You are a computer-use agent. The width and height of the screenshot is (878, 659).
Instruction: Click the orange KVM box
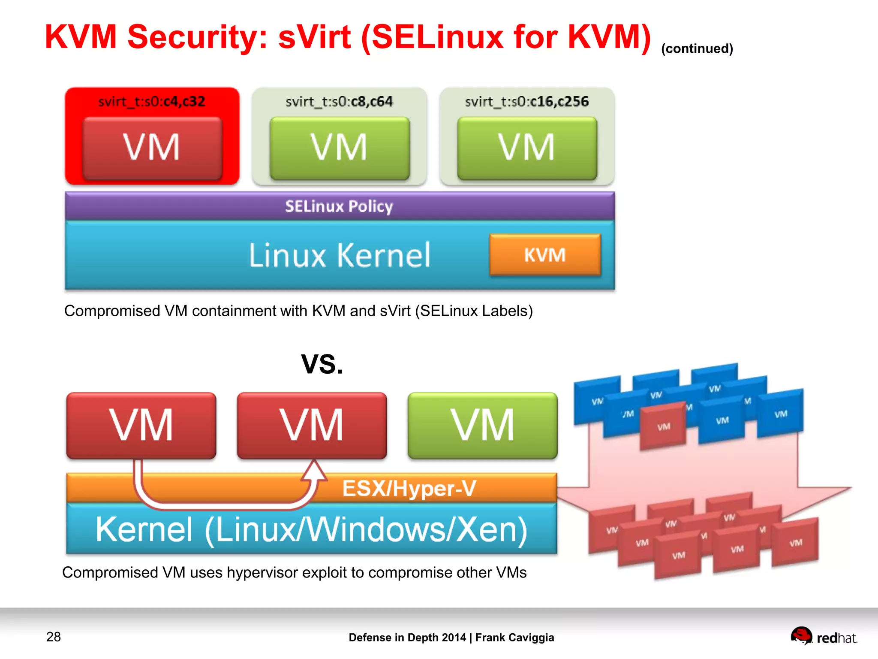pos(545,254)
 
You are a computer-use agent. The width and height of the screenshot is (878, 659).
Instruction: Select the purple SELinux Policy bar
pos(339,206)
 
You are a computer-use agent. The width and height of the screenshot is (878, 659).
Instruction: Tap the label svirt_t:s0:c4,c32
pos(152,102)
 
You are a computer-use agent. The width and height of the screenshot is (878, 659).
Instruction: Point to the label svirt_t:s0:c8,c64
pos(339,102)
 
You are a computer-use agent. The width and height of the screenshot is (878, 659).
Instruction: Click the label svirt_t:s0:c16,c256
pos(526,102)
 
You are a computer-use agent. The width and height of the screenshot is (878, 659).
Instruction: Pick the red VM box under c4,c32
pos(152,148)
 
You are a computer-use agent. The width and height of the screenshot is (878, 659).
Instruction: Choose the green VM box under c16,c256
pos(527,148)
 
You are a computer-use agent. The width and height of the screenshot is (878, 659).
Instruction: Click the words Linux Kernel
pos(339,255)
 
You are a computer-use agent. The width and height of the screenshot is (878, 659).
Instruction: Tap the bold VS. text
pos(322,364)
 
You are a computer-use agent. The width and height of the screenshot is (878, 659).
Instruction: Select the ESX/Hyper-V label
pos(409,488)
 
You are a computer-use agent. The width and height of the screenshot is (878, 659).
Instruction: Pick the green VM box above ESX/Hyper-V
pos(482,425)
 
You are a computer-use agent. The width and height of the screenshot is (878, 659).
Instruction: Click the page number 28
pos(54,637)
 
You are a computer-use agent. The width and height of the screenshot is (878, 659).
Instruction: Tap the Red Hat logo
pos(824,637)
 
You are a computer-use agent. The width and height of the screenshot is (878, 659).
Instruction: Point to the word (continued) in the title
pos(697,49)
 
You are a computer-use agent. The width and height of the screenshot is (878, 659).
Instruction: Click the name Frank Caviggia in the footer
pos(514,638)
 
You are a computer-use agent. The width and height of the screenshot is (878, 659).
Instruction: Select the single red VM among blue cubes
pos(663,426)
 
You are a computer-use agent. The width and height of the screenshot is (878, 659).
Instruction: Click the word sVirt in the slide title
pos(314,37)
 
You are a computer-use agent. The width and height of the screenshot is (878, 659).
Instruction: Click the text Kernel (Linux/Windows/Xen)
pos(311,530)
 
